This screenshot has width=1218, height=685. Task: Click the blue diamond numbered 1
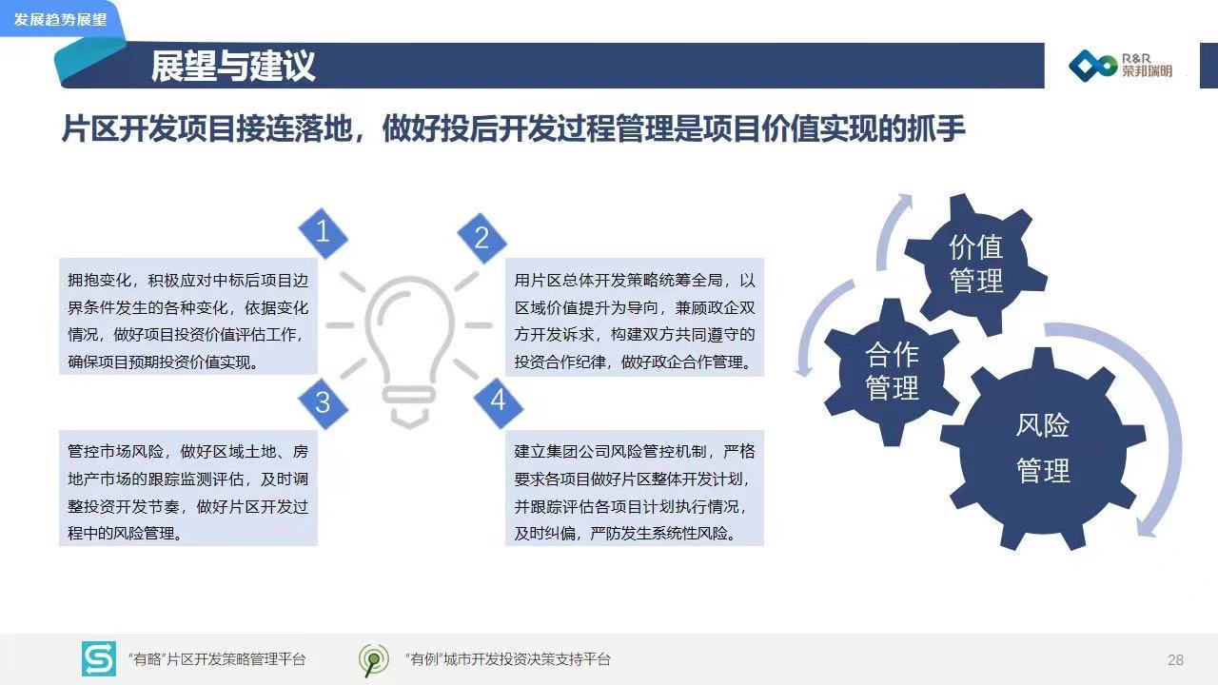tap(323, 233)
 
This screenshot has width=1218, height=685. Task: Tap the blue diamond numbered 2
tap(481, 238)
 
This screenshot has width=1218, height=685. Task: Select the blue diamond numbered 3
tap(323, 403)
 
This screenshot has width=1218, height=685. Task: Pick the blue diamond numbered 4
tap(498, 401)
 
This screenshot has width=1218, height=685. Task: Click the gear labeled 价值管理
tap(976, 264)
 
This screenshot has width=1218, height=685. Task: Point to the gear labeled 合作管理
tap(892, 372)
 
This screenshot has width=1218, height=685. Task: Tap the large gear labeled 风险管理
tap(1042, 448)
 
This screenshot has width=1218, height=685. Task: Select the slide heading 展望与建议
tap(233, 67)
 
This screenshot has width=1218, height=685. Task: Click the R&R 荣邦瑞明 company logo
tap(1120, 66)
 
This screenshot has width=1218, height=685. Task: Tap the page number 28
tap(1175, 660)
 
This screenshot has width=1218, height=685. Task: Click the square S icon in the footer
tap(98, 659)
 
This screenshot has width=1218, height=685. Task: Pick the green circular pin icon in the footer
tap(374, 660)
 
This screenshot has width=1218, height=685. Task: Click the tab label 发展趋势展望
tap(60, 20)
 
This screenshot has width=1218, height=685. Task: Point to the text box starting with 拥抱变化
tap(188, 317)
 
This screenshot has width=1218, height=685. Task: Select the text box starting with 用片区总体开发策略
tap(635, 318)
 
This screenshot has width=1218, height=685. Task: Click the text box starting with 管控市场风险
tap(188, 488)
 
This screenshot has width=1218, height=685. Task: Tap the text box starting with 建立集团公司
tap(635, 488)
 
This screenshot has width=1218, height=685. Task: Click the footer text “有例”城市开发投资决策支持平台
tap(508, 659)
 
